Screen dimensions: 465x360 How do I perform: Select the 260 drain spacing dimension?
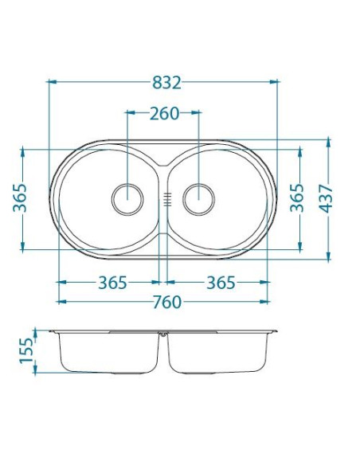(x=163, y=113)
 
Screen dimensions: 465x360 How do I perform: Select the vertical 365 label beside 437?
(x=298, y=197)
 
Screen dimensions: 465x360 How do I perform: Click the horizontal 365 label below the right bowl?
(x=221, y=283)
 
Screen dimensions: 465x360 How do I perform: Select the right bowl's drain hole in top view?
(x=197, y=197)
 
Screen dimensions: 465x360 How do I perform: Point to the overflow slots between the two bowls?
(x=166, y=198)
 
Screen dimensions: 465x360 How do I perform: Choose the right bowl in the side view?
(x=217, y=353)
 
